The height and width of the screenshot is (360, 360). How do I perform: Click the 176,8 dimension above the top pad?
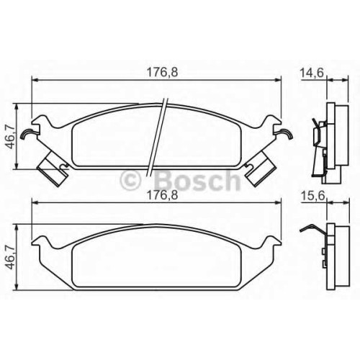pyautogui.click(x=162, y=72)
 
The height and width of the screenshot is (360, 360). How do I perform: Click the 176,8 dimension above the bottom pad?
pyautogui.click(x=162, y=195)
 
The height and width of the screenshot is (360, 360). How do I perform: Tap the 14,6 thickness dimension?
pyautogui.click(x=312, y=73)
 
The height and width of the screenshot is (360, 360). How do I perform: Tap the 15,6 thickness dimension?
pyautogui.click(x=312, y=197)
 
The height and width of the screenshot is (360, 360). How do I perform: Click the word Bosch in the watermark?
pyautogui.click(x=198, y=179)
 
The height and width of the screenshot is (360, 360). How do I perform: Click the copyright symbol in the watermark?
pyautogui.click(x=130, y=180)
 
